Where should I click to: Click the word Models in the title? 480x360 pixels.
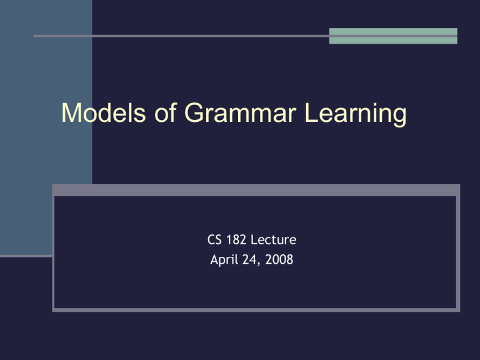(x=104, y=112)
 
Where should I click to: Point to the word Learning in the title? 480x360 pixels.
(x=356, y=114)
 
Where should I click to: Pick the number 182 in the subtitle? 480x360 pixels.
(x=236, y=240)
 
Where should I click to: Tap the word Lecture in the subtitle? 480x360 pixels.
(x=273, y=240)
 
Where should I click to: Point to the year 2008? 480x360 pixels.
(x=279, y=259)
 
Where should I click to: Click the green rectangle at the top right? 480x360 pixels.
(x=393, y=36)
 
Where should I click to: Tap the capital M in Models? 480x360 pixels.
(x=71, y=112)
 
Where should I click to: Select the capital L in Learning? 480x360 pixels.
(x=311, y=112)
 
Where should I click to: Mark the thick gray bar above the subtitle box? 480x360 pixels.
(x=256, y=190)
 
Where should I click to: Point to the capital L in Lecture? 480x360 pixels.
(x=254, y=240)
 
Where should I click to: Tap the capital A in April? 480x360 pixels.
(x=214, y=259)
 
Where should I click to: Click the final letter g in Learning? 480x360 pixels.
(x=400, y=117)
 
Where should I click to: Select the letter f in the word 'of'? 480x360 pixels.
(x=174, y=112)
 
